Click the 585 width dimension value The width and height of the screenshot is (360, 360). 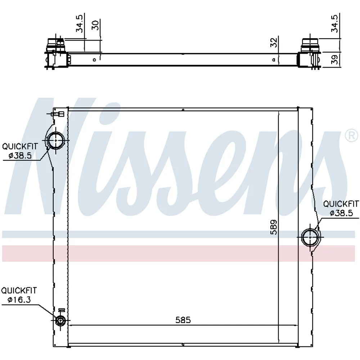coord(183,320)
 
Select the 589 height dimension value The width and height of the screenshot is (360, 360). coord(274,227)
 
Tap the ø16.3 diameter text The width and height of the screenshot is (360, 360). coord(19,300)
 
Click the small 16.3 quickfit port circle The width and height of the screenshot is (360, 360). coord(60,320)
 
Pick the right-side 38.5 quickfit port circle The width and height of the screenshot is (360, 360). coord(310,237)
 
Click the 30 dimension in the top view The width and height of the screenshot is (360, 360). coord(95,25)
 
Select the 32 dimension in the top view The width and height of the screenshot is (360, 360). coord(274,42)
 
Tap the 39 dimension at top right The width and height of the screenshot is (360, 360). coord(335,59)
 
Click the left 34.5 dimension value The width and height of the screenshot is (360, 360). coord(80,24)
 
